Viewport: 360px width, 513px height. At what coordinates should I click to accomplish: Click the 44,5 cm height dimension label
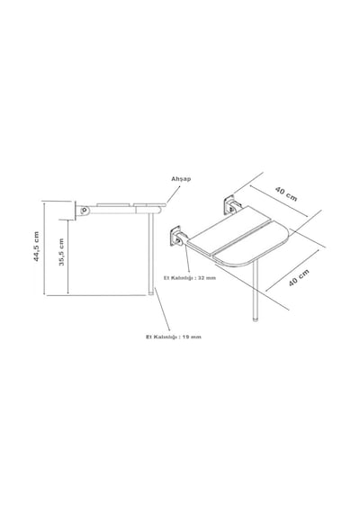36,247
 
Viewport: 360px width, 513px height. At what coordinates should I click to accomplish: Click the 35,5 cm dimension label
61,252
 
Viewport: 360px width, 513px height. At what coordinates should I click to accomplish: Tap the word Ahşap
181,179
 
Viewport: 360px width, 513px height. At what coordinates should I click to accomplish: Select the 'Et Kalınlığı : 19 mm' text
174,337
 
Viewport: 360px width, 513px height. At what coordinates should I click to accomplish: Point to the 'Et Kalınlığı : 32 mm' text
190,278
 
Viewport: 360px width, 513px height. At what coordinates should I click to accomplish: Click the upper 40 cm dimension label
286,194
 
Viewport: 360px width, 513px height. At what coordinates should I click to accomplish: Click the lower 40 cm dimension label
299,278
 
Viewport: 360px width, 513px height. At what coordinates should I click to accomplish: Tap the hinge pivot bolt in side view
85,210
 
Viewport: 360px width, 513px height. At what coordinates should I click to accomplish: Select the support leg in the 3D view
256,292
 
